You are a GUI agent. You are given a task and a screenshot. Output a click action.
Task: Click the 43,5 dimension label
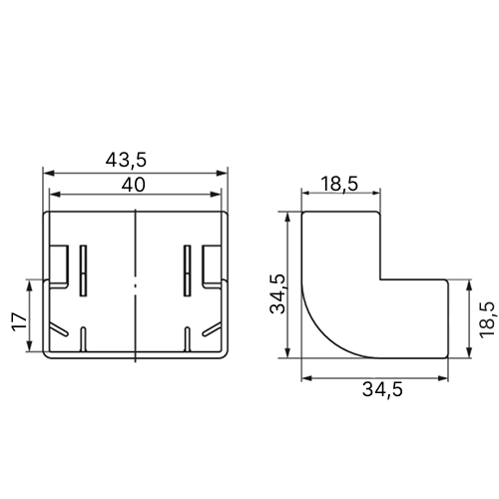[126, 160]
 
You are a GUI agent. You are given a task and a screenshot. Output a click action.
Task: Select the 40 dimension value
[134, 185]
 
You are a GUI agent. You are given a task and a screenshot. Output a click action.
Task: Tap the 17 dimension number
[20, 321]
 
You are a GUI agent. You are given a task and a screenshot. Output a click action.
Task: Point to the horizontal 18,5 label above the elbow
[340, 184]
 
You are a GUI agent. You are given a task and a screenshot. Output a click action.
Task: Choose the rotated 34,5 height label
[277, 294]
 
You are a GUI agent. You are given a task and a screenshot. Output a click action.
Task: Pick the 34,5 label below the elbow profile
[382, 389]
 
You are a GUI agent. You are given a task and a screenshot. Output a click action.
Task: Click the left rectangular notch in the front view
[59, 266]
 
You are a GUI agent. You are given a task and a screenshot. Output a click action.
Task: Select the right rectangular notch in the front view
[212, 265]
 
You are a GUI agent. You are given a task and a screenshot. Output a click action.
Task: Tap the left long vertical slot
[83, 270]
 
